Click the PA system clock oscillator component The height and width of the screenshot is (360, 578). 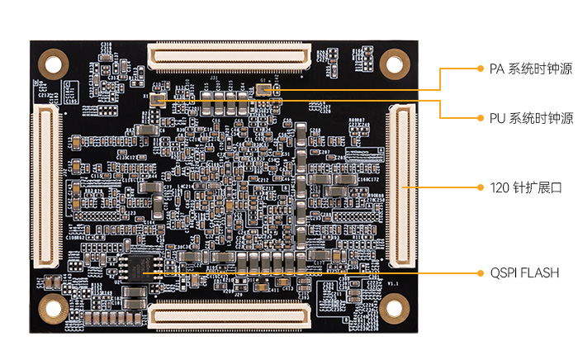(x=264, y=88)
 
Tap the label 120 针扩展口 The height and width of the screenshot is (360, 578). (x=525, y=187)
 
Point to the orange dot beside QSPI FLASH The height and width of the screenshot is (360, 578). (x=481, y=272)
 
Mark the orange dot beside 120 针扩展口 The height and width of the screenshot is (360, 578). (x=481, y=187)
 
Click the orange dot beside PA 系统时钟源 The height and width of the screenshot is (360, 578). (x=481, y=69)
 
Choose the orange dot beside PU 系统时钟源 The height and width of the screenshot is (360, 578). (x=481, y=118)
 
